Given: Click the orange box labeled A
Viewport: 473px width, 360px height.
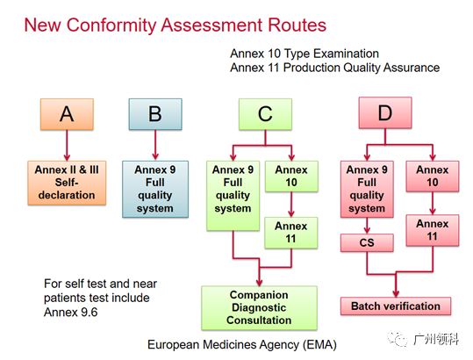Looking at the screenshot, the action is pos(67,114).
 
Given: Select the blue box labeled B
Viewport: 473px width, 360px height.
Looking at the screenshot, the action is pos(155,114).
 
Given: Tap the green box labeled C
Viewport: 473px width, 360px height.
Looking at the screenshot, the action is pos(265,114).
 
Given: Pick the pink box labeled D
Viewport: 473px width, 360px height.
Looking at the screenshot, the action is pos(385,113).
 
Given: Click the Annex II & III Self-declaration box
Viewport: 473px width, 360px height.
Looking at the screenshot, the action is pos(67,183).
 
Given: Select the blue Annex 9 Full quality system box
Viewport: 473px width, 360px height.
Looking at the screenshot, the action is pos(155,189).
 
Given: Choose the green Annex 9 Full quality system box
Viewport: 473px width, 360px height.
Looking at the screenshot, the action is pos(233,196).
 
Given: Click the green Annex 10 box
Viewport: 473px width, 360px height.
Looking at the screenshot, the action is pos(291,176).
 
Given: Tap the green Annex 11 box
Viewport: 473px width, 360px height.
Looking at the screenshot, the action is pos(291,233).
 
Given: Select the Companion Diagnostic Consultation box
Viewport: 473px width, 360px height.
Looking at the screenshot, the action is pos(260,308).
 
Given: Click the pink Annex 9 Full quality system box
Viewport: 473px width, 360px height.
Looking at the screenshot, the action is pos(367,189).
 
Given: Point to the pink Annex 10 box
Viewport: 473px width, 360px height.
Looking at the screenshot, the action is pos(433,176).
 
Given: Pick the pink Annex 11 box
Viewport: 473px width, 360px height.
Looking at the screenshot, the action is pos(433,230).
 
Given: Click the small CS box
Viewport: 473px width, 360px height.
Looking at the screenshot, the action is pos(367,242).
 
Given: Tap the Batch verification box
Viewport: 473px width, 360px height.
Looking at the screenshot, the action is pos(396,306).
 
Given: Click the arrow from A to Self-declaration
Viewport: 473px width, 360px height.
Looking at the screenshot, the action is pos(67,146).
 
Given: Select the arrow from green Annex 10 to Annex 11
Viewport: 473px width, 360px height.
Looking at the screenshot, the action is pos(291,205).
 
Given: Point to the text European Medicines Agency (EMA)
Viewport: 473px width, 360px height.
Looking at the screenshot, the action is pos(242,344).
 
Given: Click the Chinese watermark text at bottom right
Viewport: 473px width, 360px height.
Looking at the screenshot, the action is pos(436,339).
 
